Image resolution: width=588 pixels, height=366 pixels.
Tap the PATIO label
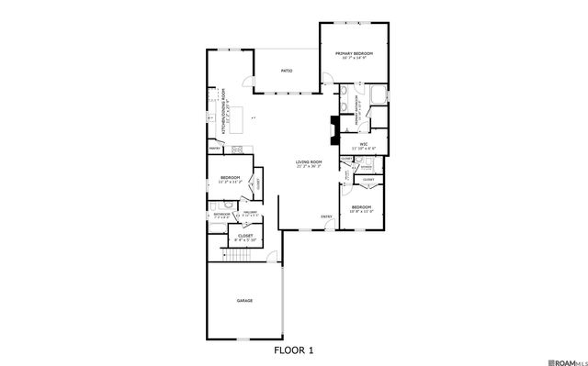286,69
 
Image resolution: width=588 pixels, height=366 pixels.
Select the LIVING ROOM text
309,162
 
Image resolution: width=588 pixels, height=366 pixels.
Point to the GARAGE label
244,300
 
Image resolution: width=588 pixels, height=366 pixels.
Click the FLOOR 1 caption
294,349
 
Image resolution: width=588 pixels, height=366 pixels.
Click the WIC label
363,144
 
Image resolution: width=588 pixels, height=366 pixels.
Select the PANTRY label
215,148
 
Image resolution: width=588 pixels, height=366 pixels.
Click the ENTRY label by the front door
326,216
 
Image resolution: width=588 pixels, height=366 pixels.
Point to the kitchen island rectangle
240,117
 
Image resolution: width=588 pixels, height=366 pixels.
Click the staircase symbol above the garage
236,254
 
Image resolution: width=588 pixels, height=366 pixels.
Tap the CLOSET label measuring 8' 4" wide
245,236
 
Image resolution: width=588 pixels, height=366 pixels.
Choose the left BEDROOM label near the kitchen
230,177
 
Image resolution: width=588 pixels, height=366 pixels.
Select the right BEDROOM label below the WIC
361,207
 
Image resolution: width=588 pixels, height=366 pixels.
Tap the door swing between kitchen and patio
246,83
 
